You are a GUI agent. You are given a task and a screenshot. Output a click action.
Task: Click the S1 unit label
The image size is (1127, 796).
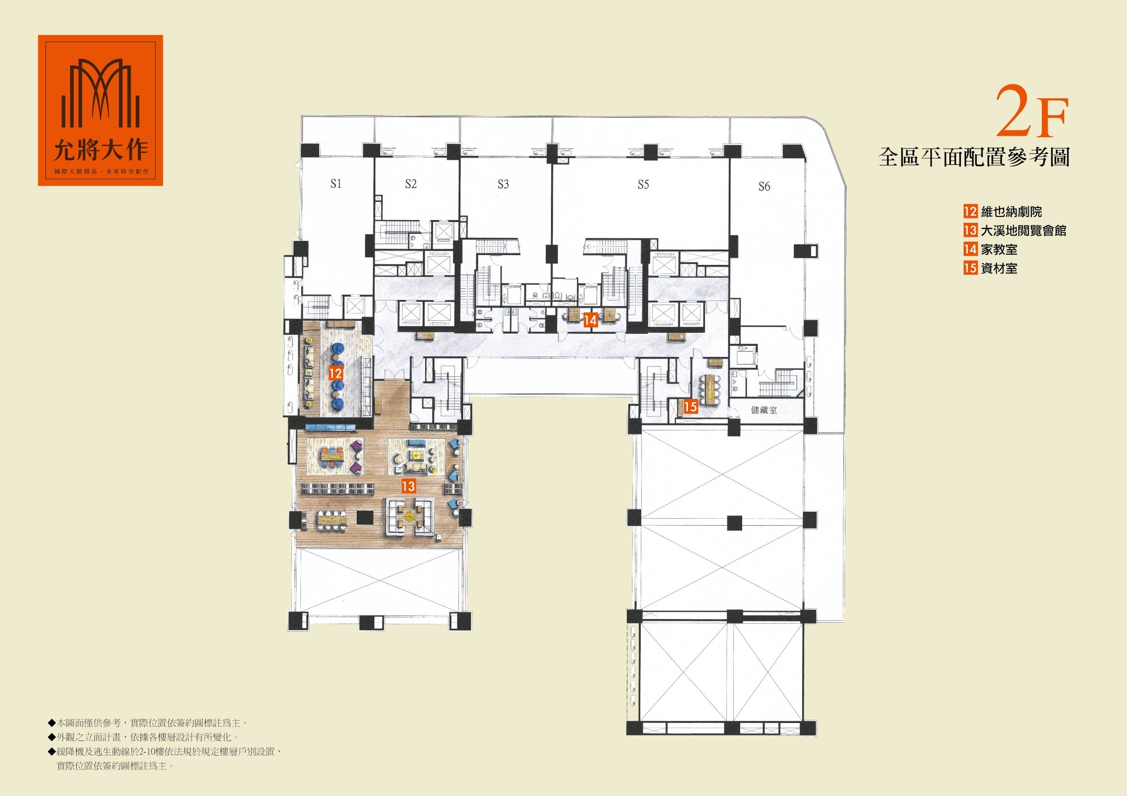336,184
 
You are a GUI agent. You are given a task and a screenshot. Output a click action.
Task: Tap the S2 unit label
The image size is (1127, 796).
411,184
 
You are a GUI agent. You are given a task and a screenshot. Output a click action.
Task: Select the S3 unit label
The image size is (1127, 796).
503,184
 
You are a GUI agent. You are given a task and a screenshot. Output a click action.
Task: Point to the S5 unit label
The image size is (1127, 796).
643,184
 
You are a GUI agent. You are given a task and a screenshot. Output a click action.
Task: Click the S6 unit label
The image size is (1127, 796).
764,186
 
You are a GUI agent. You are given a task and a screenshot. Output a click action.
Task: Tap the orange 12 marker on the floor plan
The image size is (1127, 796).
335,374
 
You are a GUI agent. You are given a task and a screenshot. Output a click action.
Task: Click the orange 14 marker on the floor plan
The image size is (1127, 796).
590,320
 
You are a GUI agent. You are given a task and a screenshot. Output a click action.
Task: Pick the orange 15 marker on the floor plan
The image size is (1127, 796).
691,407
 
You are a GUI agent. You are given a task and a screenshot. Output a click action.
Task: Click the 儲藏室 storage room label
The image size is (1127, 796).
764,410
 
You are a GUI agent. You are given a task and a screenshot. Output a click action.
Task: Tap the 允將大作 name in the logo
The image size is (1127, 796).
101,151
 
